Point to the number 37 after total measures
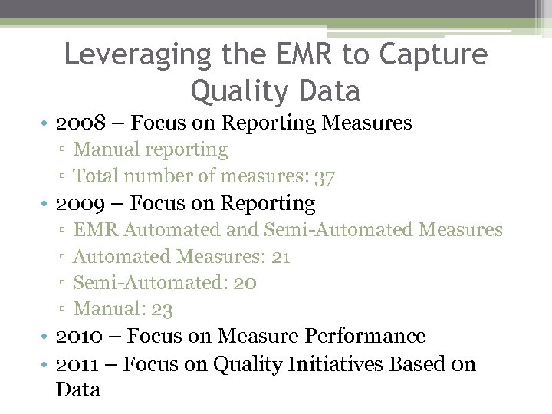point(325,176)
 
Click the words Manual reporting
point(150,149)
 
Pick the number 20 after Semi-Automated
point(244,283)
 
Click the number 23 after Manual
point(162,310)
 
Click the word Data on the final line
point(77,389)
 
